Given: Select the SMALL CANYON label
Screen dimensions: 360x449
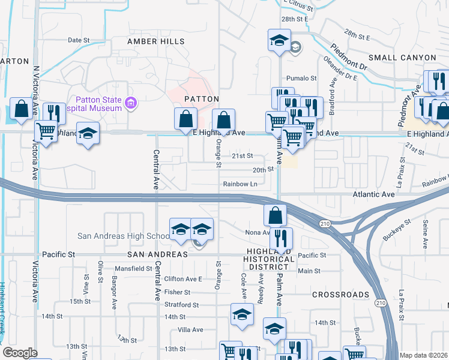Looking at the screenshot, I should tap(402, 57).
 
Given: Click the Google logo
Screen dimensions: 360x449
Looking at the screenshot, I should tap(20, 353).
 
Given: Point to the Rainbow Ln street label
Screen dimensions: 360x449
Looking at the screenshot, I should tap(240, 184).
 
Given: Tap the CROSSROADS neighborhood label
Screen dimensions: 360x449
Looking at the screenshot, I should tap(340, 295).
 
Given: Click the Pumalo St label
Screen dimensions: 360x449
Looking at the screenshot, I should tap(301, 78).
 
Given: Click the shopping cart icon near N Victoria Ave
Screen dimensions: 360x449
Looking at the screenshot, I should tap(46, 130).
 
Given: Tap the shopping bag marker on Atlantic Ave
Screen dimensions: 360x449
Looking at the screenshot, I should tap(274, 214).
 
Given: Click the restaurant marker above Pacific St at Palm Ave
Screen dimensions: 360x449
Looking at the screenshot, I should tap(281, 238).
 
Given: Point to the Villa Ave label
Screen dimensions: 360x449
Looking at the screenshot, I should tap(191, 329).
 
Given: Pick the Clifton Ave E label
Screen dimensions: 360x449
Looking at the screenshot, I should tap(183, 279).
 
